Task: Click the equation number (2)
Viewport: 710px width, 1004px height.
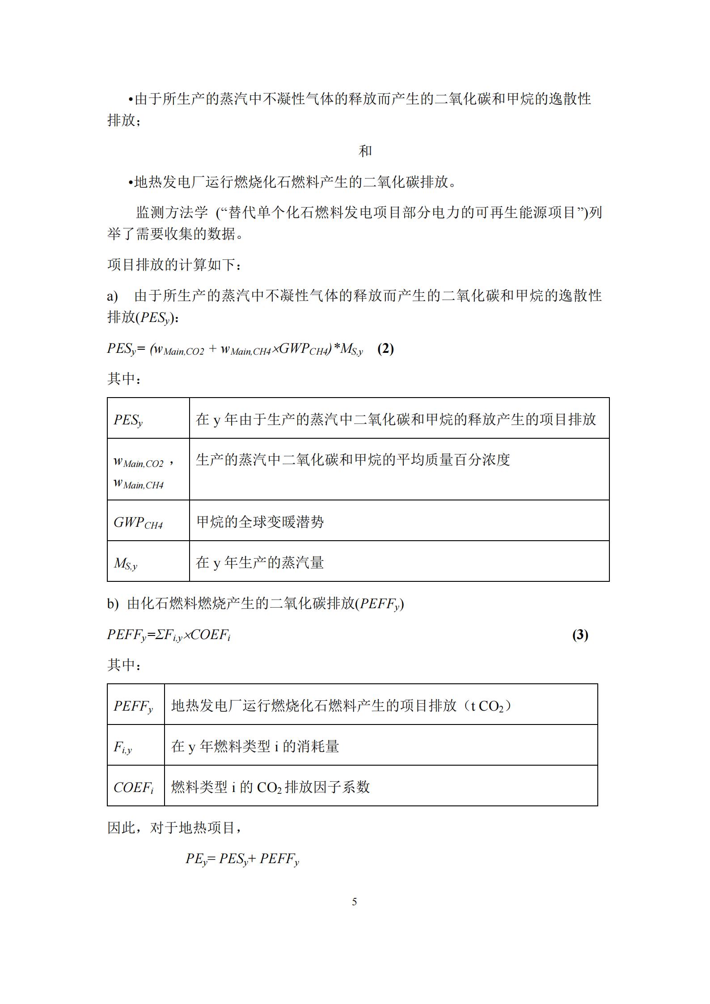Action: [385, 348]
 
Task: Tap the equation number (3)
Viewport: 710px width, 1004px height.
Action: [580, 635]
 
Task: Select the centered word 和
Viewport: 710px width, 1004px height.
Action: [365, 151]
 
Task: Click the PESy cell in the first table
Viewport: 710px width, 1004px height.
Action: [128, 420]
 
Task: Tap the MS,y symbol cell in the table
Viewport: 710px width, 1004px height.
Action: [126, 563]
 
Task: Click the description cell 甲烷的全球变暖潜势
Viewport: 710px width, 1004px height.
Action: [260, 522]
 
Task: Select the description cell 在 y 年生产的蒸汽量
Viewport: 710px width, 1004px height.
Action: [260, 563]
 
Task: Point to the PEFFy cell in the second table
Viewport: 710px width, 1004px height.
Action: [133, 706]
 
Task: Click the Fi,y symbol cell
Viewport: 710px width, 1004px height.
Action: [123, 747]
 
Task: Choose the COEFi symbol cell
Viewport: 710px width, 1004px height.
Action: [134, 788]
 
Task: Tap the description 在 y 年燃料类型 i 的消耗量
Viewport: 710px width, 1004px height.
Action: [255, 746]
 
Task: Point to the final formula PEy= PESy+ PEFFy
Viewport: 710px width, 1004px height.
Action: [242, 859]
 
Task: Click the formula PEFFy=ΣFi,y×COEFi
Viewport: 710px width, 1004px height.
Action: [169, 635]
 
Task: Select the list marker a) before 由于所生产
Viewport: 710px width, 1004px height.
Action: [112, 296]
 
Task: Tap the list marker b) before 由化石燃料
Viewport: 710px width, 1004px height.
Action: [113, 604]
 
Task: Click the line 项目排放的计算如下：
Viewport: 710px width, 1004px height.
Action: [175, 265]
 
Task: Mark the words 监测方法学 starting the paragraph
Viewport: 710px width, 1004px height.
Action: [172, 212]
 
